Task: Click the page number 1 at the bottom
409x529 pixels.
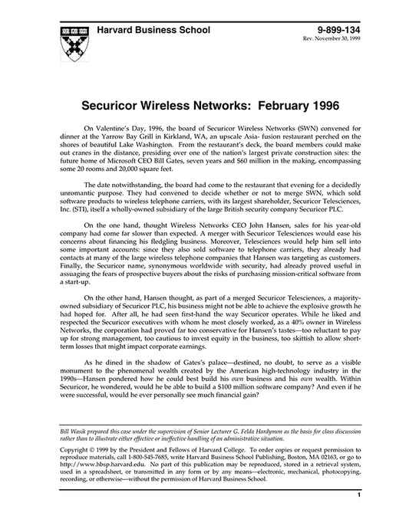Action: (358, 517)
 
